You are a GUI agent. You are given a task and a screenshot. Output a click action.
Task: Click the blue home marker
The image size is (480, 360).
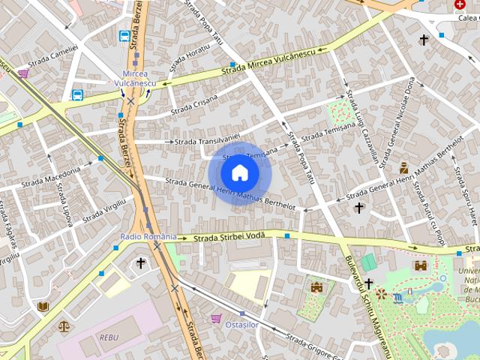(x=239, y=172)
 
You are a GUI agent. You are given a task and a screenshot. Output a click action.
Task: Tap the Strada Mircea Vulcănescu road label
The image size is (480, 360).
(x=271, y=61)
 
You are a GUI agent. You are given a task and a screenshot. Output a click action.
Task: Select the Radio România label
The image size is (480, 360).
(x=148, y=236)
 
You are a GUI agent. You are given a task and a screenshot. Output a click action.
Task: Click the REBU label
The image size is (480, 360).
(x=109, y=337)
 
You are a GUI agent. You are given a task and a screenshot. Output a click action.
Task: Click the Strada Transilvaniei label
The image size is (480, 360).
(x=206, y=141)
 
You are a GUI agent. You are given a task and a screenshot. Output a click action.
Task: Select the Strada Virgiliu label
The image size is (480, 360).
(x=103, y=210)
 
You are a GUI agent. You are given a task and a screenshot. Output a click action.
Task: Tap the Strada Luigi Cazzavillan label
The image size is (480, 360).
(x=361, y=127)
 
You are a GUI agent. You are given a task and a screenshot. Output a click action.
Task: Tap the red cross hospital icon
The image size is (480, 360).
(x=460, y=4)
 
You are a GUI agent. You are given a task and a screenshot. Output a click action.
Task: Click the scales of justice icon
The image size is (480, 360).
(x=64, y=326)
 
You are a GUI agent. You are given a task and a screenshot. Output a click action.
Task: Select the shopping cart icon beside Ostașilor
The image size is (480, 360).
(x=217, y=319)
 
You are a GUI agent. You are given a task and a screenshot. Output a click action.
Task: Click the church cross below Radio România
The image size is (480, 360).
(x=140, y=262)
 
